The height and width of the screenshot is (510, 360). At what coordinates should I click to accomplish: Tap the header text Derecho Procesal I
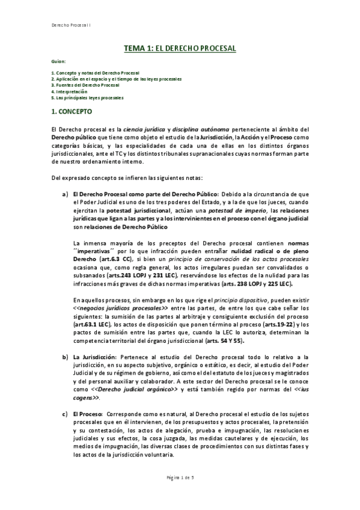(69, 25)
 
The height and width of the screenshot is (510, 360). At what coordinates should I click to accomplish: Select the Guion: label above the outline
(59, 61)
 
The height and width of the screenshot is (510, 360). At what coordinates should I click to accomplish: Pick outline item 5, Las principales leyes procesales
(88, 97)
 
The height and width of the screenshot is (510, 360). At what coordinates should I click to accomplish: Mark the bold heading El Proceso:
(87, 413)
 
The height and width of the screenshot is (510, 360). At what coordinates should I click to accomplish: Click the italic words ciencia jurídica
(145, 129)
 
